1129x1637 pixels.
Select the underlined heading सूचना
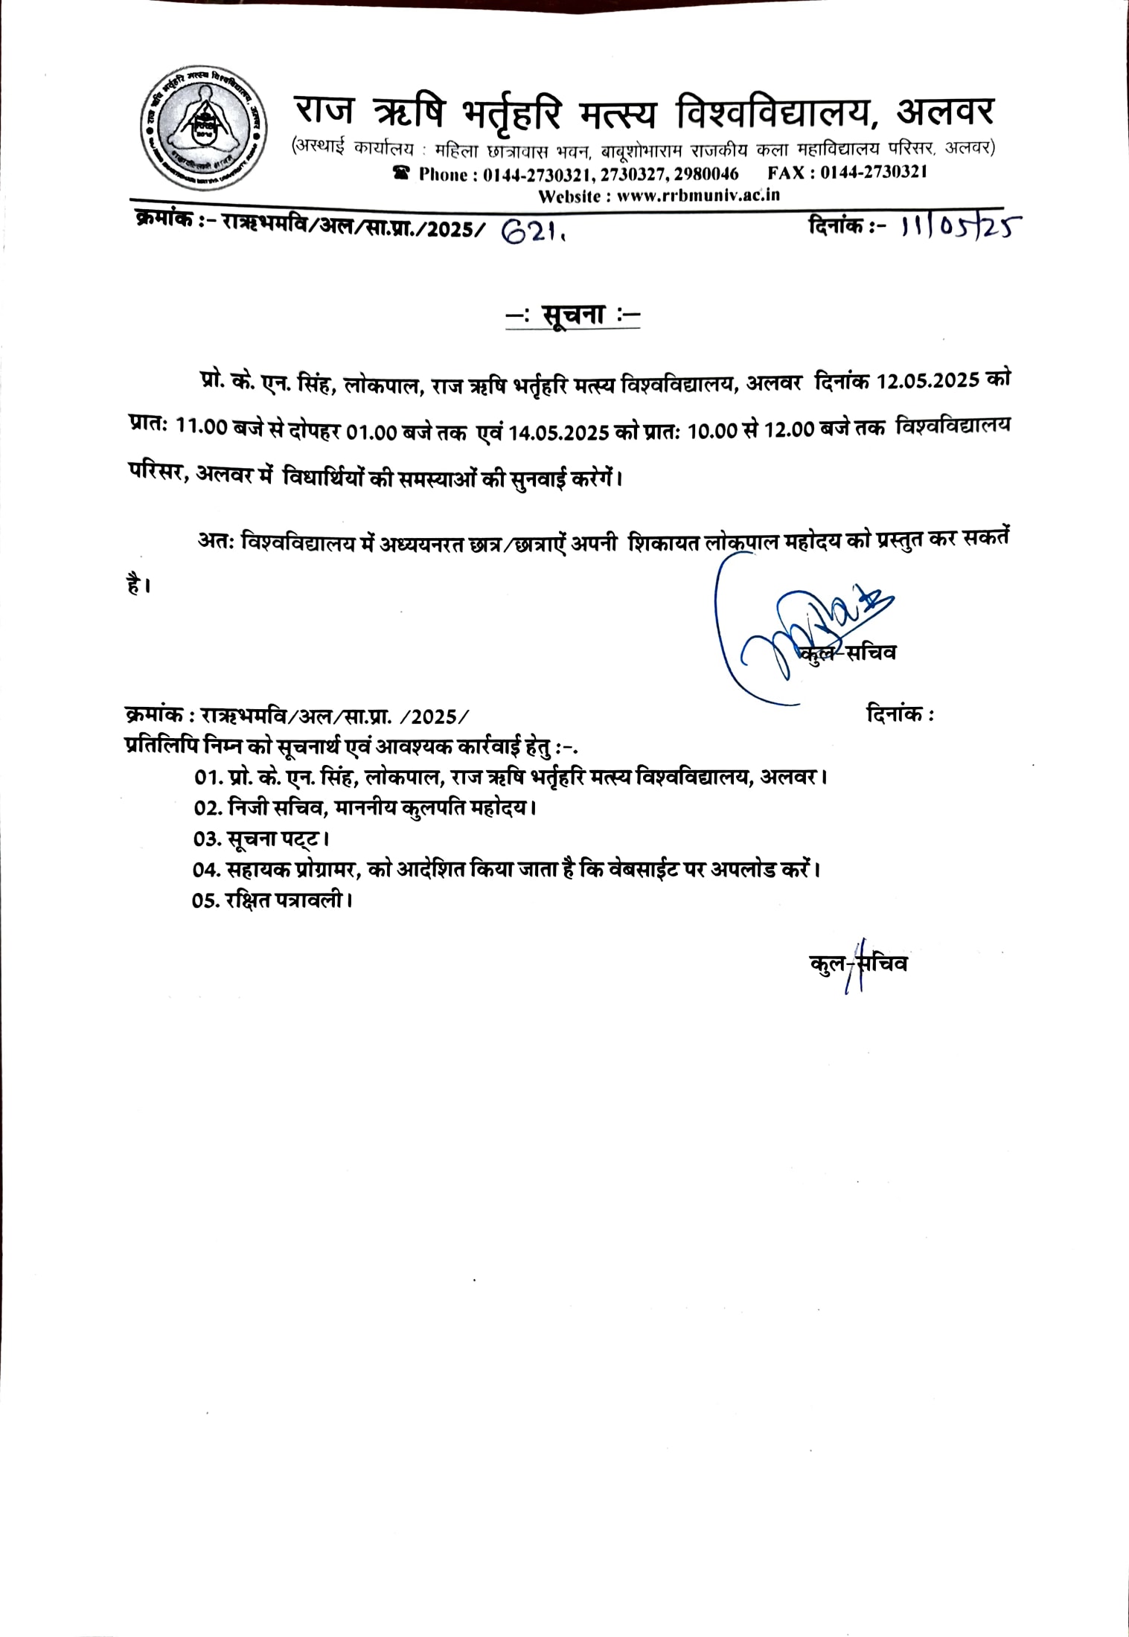point(572,315)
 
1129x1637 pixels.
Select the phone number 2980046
point(706,174)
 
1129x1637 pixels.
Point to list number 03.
point(207,839)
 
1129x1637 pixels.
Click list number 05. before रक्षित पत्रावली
point(206,900)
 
